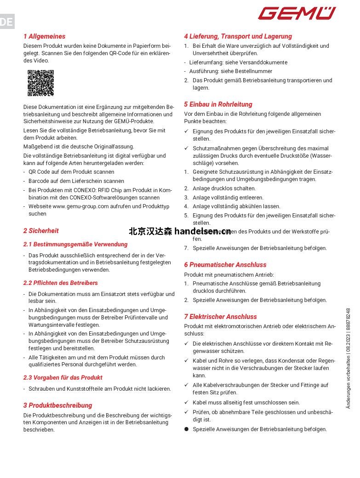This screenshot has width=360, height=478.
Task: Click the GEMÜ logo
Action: click(297, 13)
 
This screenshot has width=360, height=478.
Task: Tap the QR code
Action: click(40, 83)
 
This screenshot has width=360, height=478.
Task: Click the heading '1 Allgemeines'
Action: click(44, 36)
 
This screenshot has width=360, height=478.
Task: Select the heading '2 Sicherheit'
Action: click(41, 231)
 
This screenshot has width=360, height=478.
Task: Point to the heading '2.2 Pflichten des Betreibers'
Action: click(61, 283)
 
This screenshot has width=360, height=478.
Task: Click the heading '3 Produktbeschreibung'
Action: click(57, 405)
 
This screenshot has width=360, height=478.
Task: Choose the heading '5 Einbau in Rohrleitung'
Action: click(218, 104)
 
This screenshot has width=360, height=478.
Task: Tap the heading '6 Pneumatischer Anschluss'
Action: click(225, 265)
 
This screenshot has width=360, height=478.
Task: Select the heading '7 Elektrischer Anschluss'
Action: click(220, 317)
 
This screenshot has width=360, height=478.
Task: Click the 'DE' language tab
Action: click(7, 22)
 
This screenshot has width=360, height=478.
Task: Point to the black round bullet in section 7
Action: click(187, 429)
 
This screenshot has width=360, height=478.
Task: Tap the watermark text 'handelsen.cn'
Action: click(203, 232)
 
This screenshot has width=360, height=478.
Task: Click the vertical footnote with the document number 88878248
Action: click(348, 358)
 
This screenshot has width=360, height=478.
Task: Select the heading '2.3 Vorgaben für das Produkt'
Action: click(63, 378)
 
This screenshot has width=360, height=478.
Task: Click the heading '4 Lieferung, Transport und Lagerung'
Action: click(238, 36)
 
